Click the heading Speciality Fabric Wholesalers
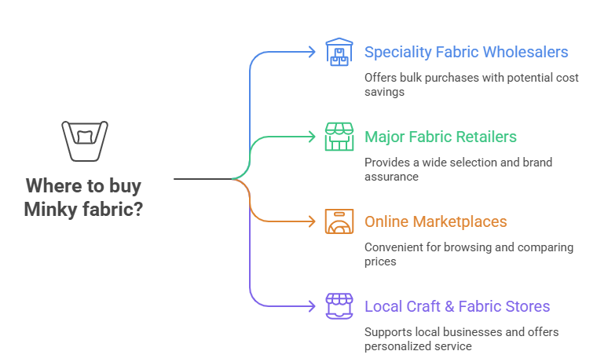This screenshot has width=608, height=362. (x=466, y=53)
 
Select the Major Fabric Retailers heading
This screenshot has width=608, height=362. (x=440, y=137)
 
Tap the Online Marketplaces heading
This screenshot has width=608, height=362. (x=435, y=222)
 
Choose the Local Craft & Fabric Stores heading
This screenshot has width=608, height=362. (x=456, y=306)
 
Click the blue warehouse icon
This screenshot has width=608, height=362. (x=339, y=53)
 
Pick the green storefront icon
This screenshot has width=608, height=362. (x=339, y=137)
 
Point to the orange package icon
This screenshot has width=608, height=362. (x=339, y=221)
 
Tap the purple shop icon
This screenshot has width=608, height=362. (x=339, y=305)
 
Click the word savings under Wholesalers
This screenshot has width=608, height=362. (x=384, y=92)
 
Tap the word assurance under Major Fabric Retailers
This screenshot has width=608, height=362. (x=390, y=177)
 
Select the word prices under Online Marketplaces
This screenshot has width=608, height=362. (x=381, y=261)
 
